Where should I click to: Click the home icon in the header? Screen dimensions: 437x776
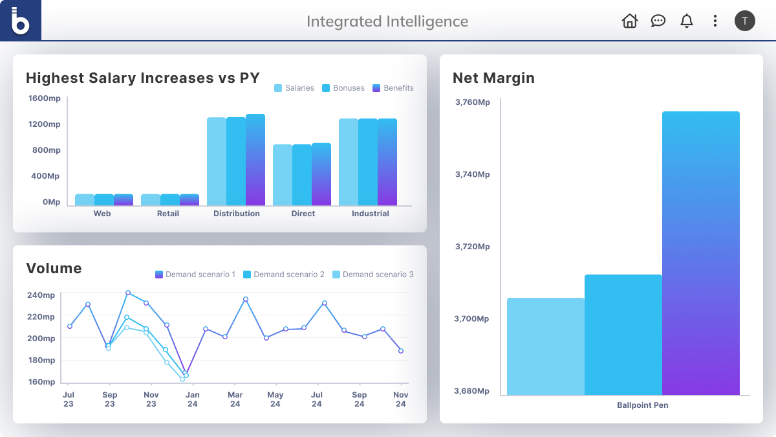[629, 21]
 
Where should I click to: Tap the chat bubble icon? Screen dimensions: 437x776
[658, 21]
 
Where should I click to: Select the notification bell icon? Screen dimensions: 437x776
[687, 21]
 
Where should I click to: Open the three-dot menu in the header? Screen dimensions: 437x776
[715, 21]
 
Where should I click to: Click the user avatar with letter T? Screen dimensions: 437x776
[744, 21]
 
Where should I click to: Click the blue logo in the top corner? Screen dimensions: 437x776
[21, 21]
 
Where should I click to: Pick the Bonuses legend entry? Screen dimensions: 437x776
[343, 88]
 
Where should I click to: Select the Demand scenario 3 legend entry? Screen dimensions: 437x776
[373, 275]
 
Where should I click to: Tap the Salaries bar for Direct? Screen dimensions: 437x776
[283, 175]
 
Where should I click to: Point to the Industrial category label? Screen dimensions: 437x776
[371, 214]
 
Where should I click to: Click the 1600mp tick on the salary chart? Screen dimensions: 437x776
[45, 98]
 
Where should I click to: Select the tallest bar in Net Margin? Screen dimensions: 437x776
[700, 252]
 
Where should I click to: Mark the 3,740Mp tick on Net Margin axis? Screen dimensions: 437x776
[472, 174]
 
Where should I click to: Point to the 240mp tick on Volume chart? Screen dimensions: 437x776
[41, 295]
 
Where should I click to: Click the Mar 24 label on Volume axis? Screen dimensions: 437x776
[235, 399]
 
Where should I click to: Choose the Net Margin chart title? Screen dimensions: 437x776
[493, 78]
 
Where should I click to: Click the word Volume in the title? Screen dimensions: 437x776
[54, 268]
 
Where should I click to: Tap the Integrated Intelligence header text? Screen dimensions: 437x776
[387, 21]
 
